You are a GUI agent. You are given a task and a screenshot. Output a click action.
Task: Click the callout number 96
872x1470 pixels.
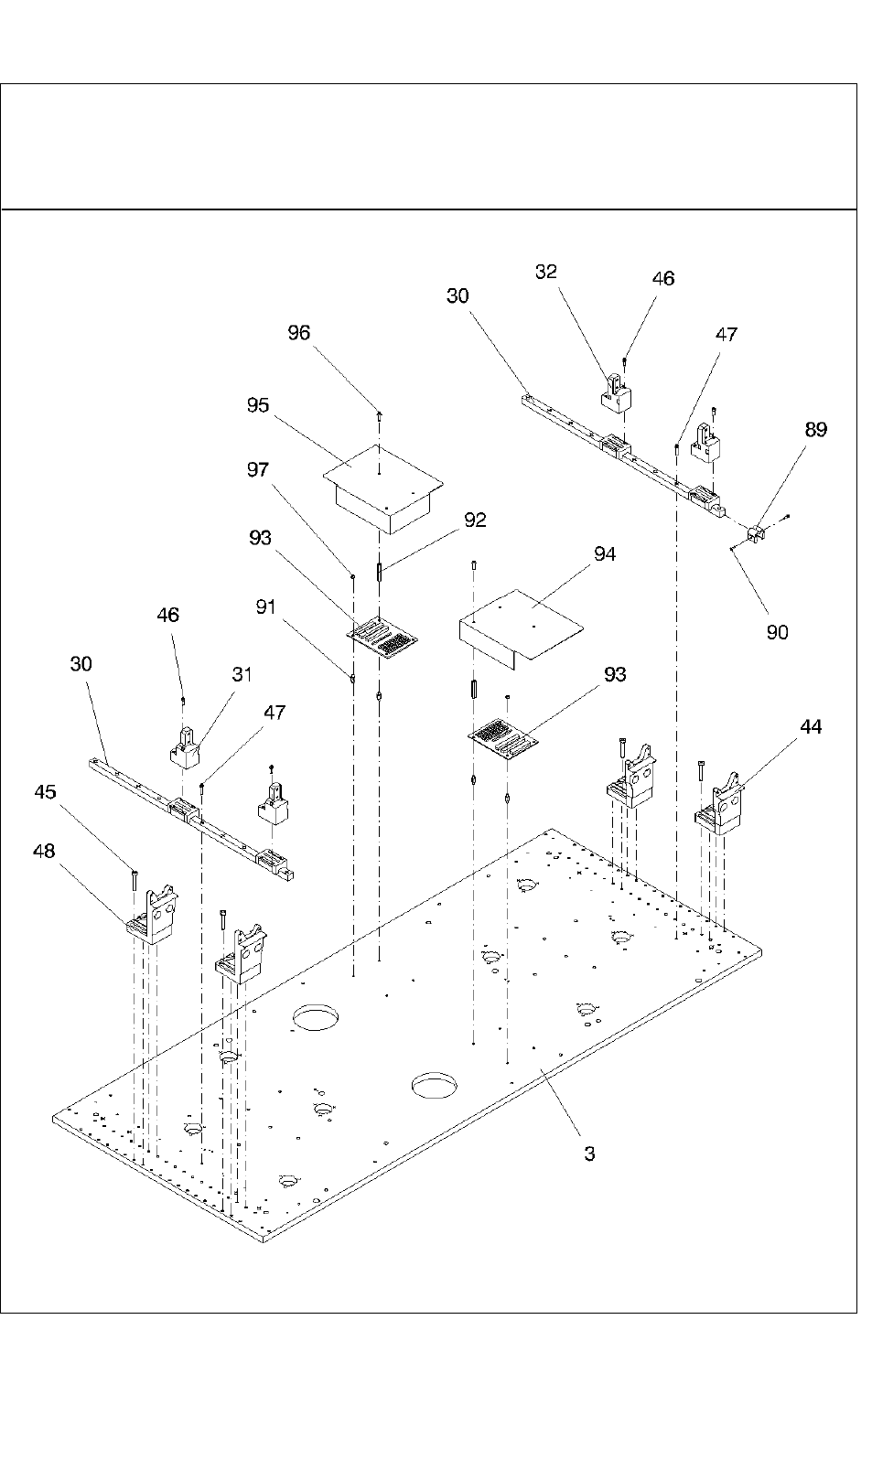coord(299,333)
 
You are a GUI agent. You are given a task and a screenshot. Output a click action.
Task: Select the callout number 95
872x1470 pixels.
coord(258,404)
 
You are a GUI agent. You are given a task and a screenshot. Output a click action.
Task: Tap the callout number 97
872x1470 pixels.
coord(258,469)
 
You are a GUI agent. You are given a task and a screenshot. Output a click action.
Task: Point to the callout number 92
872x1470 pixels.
coord(475,520)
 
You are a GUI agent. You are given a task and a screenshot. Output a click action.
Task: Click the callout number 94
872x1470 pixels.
coord(604,553)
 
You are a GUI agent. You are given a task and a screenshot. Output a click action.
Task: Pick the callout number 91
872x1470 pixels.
coord(265,606)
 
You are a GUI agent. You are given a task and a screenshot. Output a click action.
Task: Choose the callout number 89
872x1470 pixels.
coord(815,429)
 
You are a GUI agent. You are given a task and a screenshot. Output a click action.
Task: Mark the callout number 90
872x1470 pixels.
coord(777,632)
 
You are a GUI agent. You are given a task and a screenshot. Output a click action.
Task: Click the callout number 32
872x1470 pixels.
coord(546,272)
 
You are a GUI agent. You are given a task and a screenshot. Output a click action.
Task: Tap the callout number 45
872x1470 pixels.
coord(45,791)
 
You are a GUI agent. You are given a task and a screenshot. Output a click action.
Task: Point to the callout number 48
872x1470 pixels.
coord(44,851)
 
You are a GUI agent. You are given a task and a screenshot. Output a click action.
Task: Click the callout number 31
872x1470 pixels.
coord(242,674)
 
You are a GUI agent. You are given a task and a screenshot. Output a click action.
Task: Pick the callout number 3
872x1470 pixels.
coord(589,1153)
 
